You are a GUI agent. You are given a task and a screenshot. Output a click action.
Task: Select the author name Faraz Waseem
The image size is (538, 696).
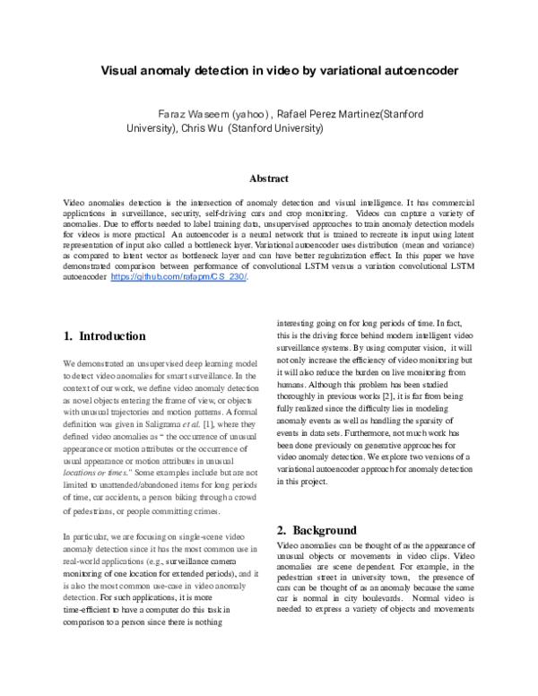coord(192,115)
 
